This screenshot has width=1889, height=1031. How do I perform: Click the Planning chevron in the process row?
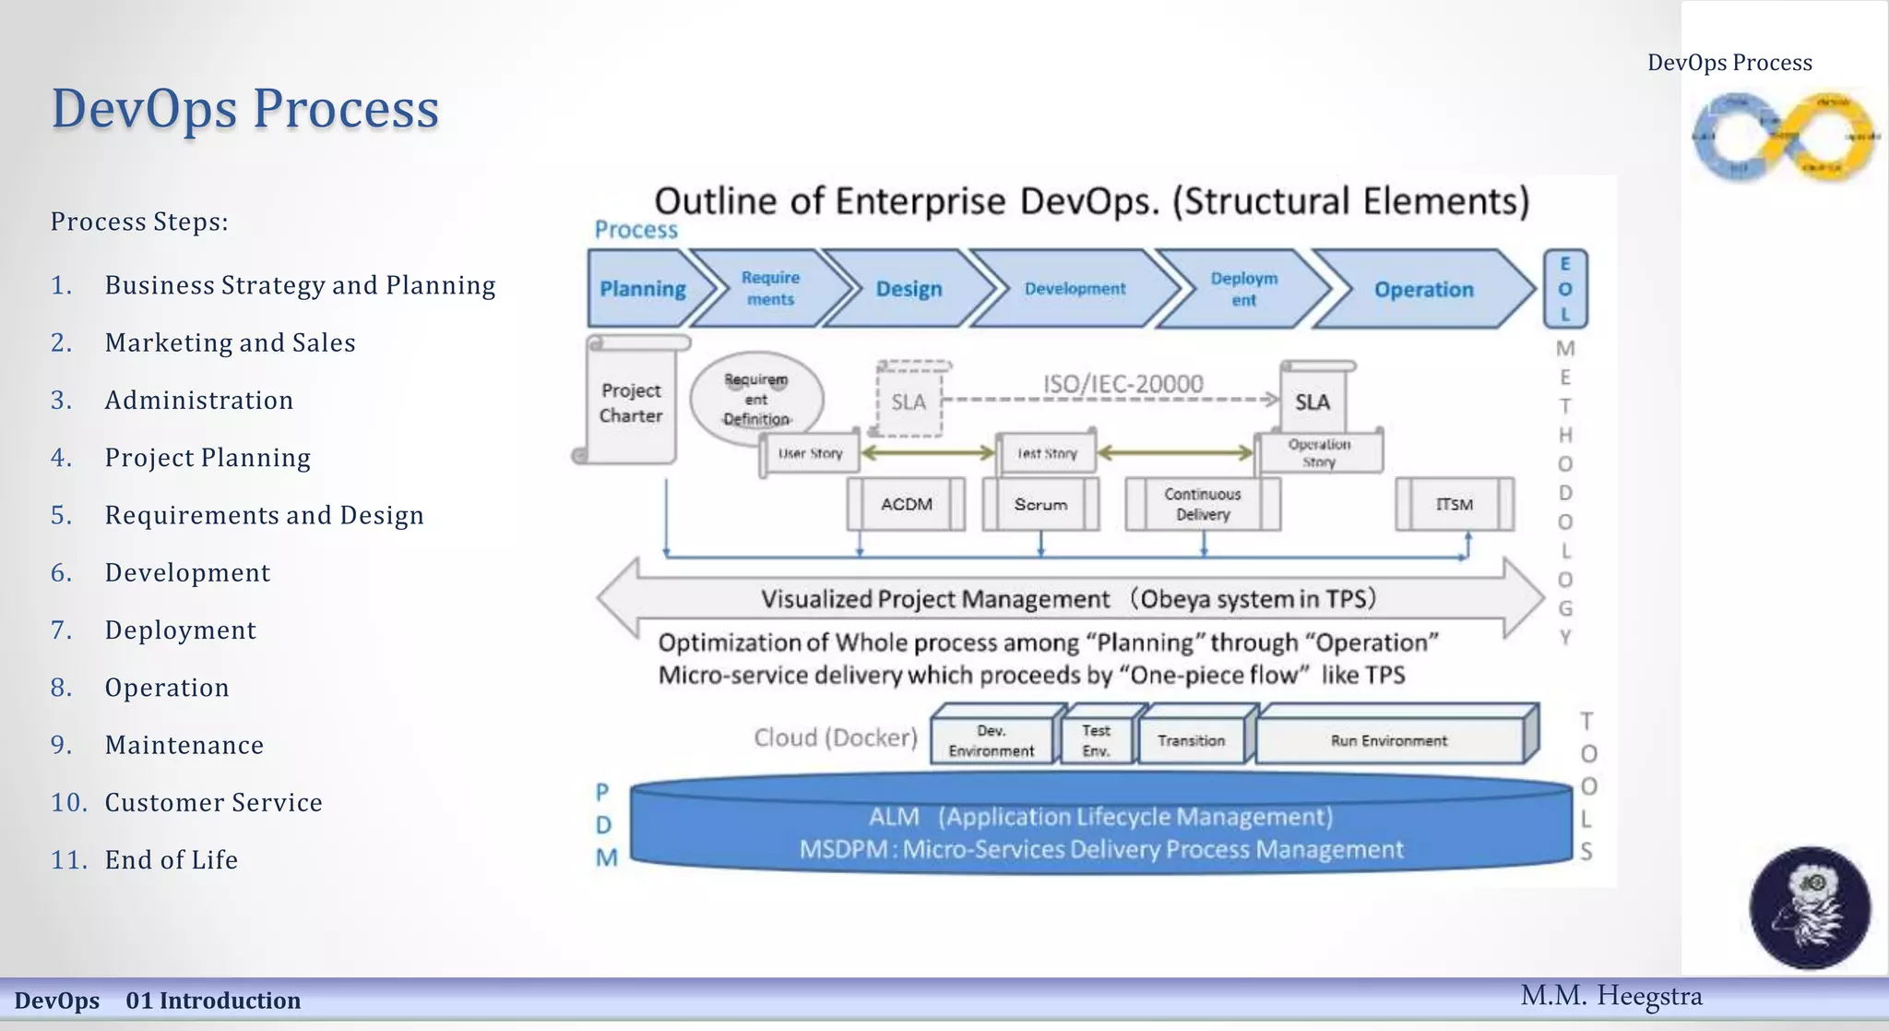tap(643, 289)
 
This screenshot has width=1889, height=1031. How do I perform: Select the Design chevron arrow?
tap(909, 289)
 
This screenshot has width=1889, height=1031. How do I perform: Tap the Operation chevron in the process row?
tap(1423, 289)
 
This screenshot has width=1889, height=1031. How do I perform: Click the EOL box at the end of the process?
tap(1564, 289)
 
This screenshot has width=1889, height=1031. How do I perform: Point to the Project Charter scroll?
tap(631, 403)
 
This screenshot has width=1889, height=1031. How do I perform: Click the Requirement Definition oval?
tap(755, 397)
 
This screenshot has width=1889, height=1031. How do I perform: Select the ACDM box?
tap(906, 504)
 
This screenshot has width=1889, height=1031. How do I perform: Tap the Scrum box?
tap(1040, 504)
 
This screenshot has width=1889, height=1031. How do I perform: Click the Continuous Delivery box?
tap(1202, 504)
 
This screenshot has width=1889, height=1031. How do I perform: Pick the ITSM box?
tap(1454, 504)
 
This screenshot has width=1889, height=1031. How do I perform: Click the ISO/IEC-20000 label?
tap(1123, 383)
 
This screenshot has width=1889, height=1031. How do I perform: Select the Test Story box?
tap(1047, 453)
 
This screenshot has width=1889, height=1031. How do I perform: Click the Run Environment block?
tap(1388, 740)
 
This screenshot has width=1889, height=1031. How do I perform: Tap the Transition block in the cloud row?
tap(1191, 740)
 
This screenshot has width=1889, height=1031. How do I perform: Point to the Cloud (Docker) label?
tap(836, 737)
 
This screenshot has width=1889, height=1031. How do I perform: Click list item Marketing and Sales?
tap(230, 342)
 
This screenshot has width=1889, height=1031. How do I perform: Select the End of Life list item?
tap(172, 859)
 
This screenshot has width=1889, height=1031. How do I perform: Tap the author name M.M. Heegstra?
tap(1610, 996)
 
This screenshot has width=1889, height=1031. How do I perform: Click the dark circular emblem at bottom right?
tap(1810, 907)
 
